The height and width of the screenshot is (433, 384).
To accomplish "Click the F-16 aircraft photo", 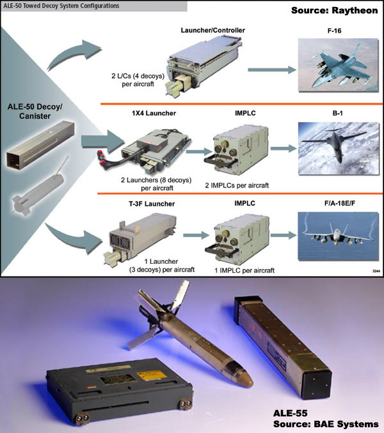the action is pos(338,65).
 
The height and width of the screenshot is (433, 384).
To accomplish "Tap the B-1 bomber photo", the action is pos(339,148).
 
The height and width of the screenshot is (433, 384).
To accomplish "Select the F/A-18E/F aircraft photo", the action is pos(338,236).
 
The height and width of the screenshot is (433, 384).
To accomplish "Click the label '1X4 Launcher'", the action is pos(154,113).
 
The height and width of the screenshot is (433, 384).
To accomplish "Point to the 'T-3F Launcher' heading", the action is pos(152,204).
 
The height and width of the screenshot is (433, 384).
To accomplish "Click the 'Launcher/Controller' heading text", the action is pos(212,31).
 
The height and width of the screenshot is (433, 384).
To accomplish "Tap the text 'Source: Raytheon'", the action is pos(335,10).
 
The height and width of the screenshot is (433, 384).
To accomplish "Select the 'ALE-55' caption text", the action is pos(290,413).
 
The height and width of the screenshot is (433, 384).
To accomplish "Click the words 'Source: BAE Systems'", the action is pos(326,424).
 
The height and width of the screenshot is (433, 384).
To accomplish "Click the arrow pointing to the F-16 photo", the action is pos(272,70).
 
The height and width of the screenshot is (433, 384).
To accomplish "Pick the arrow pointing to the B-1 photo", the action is pos(284,149).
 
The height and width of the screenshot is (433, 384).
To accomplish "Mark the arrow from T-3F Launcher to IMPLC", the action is pos(196,235).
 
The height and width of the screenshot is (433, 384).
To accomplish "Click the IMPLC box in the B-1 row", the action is pos(237,150).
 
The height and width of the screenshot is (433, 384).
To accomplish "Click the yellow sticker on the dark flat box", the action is pos(152,375).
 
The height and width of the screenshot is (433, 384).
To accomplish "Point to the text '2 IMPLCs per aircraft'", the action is pos(237,185).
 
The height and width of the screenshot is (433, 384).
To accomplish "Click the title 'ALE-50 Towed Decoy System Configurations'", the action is pos(61,6).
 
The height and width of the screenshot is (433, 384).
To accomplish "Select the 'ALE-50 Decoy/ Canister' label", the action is pos(35,111).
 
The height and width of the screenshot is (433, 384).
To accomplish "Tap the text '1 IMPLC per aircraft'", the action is pos(244,270).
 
